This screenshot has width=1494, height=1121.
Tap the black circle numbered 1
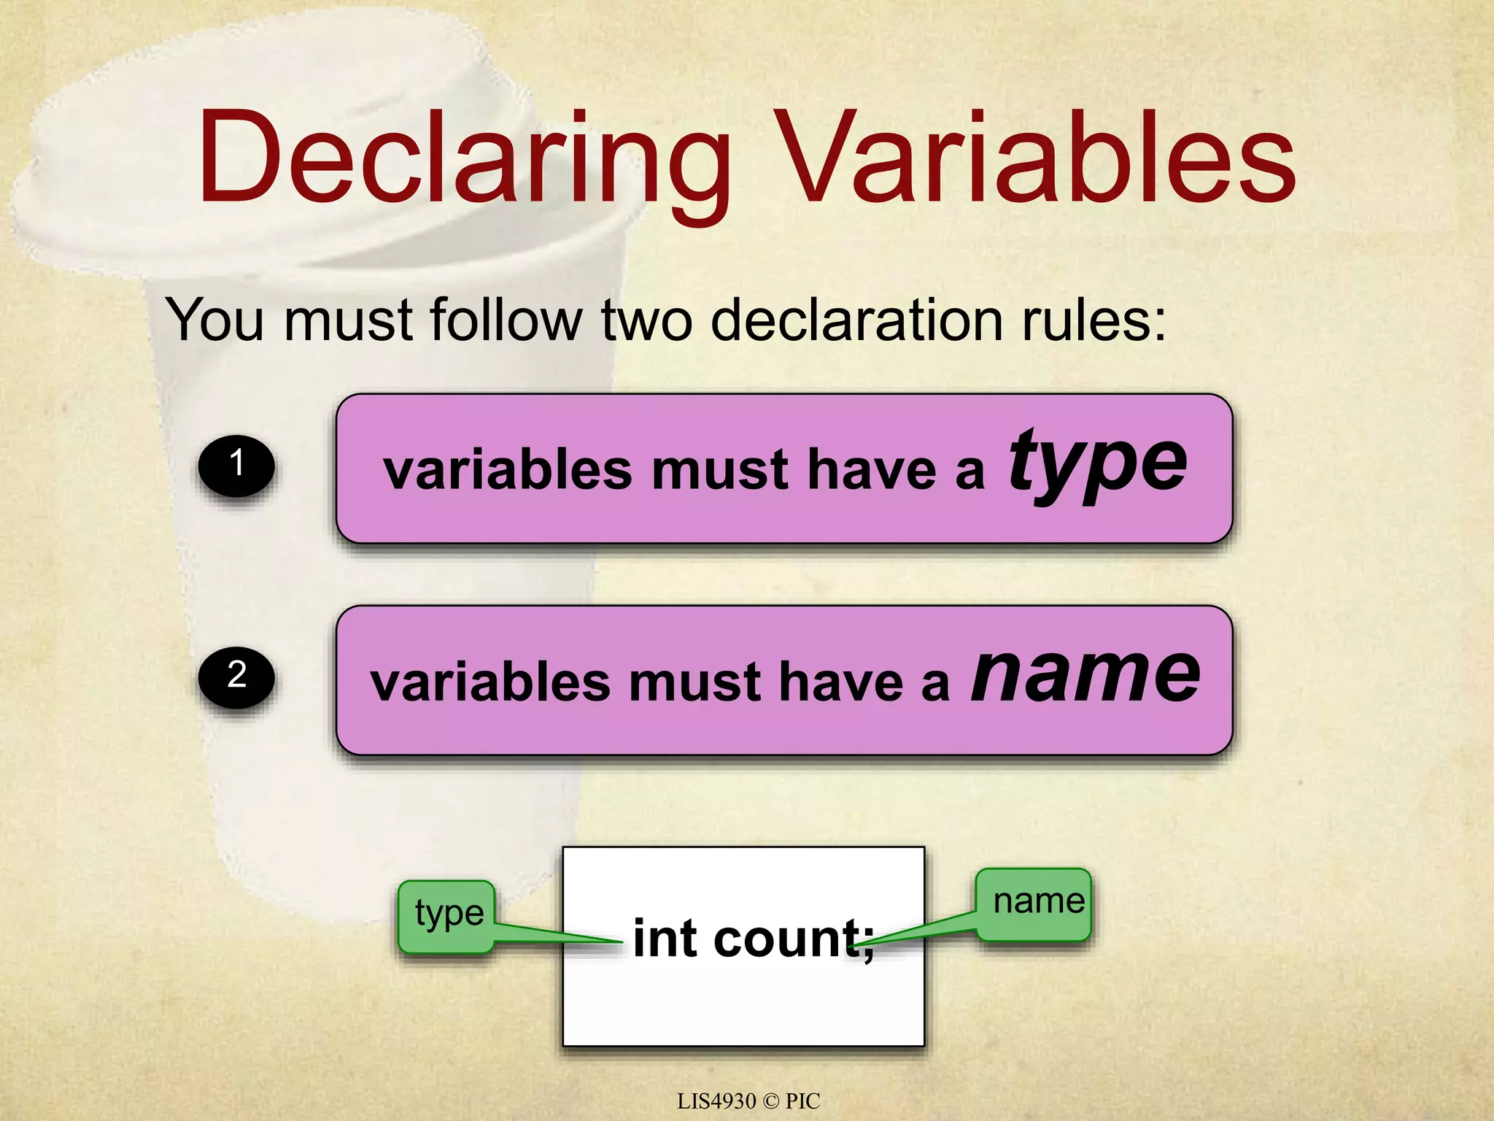(236, 466)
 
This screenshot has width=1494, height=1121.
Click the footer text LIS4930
(716, 1101)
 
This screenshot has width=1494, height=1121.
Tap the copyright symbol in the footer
(770, 1101)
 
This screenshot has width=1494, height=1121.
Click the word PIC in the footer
(802, 1101)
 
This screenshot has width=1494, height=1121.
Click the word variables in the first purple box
(508, 470)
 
